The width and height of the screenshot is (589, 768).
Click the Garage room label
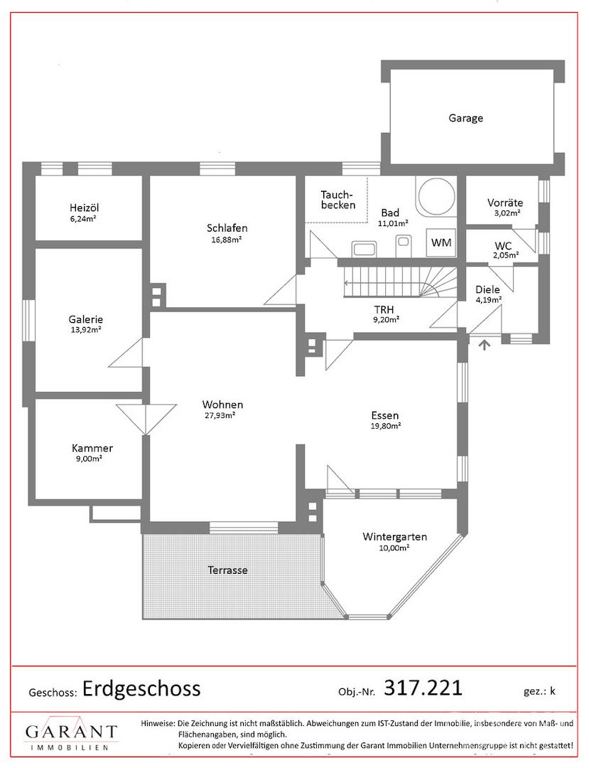tap(465, 118)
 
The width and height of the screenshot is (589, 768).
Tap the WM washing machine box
tap(441, 242)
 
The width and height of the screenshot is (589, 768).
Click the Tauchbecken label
tap(337, 200)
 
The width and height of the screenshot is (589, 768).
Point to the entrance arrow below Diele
tap(485, 345)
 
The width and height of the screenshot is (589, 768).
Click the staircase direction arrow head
tap(346, 282)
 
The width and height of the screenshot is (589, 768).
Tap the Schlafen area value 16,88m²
tap(227, 240)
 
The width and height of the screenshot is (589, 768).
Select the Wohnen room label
tap(222, 405)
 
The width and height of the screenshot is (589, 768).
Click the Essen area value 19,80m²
tap(386, 426)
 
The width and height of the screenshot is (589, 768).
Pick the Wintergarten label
tap(395, 536)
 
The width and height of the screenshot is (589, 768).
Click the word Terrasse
tap(227, 570)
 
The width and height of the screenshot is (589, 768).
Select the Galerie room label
tap(85, 319)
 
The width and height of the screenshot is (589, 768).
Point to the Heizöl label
tap(84, 208)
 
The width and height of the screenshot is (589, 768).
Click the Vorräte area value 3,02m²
tap(507, 213)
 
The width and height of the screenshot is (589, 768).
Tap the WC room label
tap(503, 245)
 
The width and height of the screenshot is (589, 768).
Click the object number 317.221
tap(423, 688)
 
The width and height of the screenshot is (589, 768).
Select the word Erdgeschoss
tap(141, 688)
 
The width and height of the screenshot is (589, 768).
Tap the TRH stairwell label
tap(384, 309)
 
